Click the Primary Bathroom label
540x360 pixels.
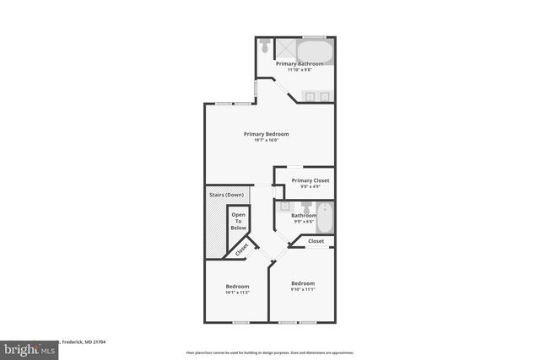coord(299,63)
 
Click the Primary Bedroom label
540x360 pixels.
coord(267,134)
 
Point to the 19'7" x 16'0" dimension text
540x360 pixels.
coord(267,140)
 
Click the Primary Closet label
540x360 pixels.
coord(310,180)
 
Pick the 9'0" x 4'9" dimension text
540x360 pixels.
coord(310,186)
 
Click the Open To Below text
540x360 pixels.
coord(239,221)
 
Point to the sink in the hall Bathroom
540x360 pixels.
coord(284,206)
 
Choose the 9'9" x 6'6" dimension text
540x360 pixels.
coord(304,222)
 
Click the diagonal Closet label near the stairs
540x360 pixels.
coord(241,250)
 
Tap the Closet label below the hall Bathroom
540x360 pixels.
coord(316,241)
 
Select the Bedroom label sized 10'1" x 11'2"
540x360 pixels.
coord(237,287)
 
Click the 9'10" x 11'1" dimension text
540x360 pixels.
coord(303,289)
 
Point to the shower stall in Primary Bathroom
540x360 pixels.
coord(286,49)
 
